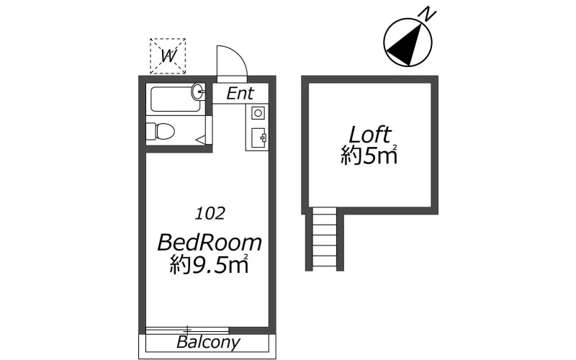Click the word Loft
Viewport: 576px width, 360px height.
point(369,135)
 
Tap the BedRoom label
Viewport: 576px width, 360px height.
point(210,243)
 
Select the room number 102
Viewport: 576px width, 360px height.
point(210,213)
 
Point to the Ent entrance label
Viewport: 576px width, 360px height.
point(240,94)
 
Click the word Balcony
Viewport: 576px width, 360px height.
point(208,342)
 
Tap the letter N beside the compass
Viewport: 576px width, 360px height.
point(427,14)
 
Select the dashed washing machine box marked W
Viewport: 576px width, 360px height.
point(168,56)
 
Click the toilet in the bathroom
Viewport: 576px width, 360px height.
point(160,131)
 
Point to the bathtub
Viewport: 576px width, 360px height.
point(176,99)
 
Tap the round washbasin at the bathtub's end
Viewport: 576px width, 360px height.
point(197,91)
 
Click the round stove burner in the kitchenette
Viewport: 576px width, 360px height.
point(258,113)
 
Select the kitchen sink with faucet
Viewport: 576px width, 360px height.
point(258,138)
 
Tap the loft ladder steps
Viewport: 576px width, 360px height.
point(325,239)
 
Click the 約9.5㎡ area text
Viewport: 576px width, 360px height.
point(210,264)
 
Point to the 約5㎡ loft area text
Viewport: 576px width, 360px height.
point(369,156)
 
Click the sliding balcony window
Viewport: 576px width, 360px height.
point(187,330)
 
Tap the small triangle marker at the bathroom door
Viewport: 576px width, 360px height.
point(202,140)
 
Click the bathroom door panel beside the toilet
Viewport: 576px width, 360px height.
point(209,130)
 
